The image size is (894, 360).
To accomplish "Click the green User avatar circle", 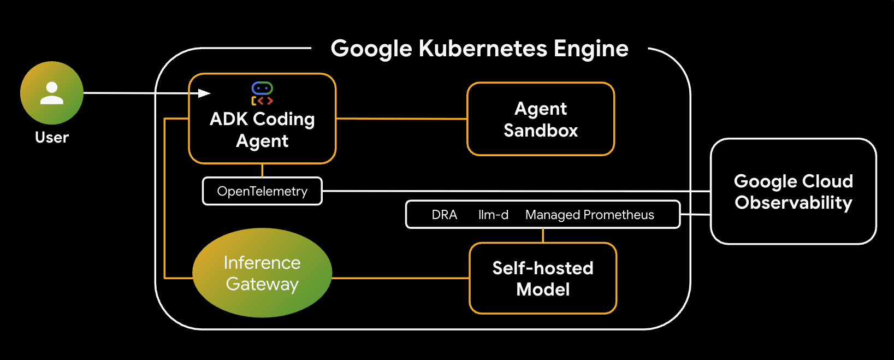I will [52, 93].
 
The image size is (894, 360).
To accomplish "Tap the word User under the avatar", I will [52, 138].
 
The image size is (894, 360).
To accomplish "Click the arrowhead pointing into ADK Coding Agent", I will [204, 93].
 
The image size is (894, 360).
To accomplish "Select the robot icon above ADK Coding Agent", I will [262, 93].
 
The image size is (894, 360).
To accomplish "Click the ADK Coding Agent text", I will [262, 130].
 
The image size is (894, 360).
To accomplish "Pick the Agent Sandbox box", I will [541, 119].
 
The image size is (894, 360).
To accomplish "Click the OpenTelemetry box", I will [262, 191].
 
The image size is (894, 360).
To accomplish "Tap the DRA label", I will [444, 215].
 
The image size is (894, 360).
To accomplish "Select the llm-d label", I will [493, 215].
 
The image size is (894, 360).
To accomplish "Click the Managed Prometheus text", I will [589, 215].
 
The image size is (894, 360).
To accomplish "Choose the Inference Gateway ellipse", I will [262, 273].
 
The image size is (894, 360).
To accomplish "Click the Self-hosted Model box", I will [543, 279].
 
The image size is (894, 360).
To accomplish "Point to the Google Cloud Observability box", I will [793, 192].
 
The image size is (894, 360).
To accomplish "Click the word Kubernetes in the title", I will [483, 49].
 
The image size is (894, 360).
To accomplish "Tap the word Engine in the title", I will [591, 49].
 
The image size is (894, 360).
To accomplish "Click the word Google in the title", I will [371, 49].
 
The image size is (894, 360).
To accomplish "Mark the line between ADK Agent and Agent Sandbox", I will [401, 119].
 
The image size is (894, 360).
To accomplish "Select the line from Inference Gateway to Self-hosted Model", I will [400, 278].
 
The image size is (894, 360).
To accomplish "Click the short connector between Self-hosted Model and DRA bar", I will [543, 235].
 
